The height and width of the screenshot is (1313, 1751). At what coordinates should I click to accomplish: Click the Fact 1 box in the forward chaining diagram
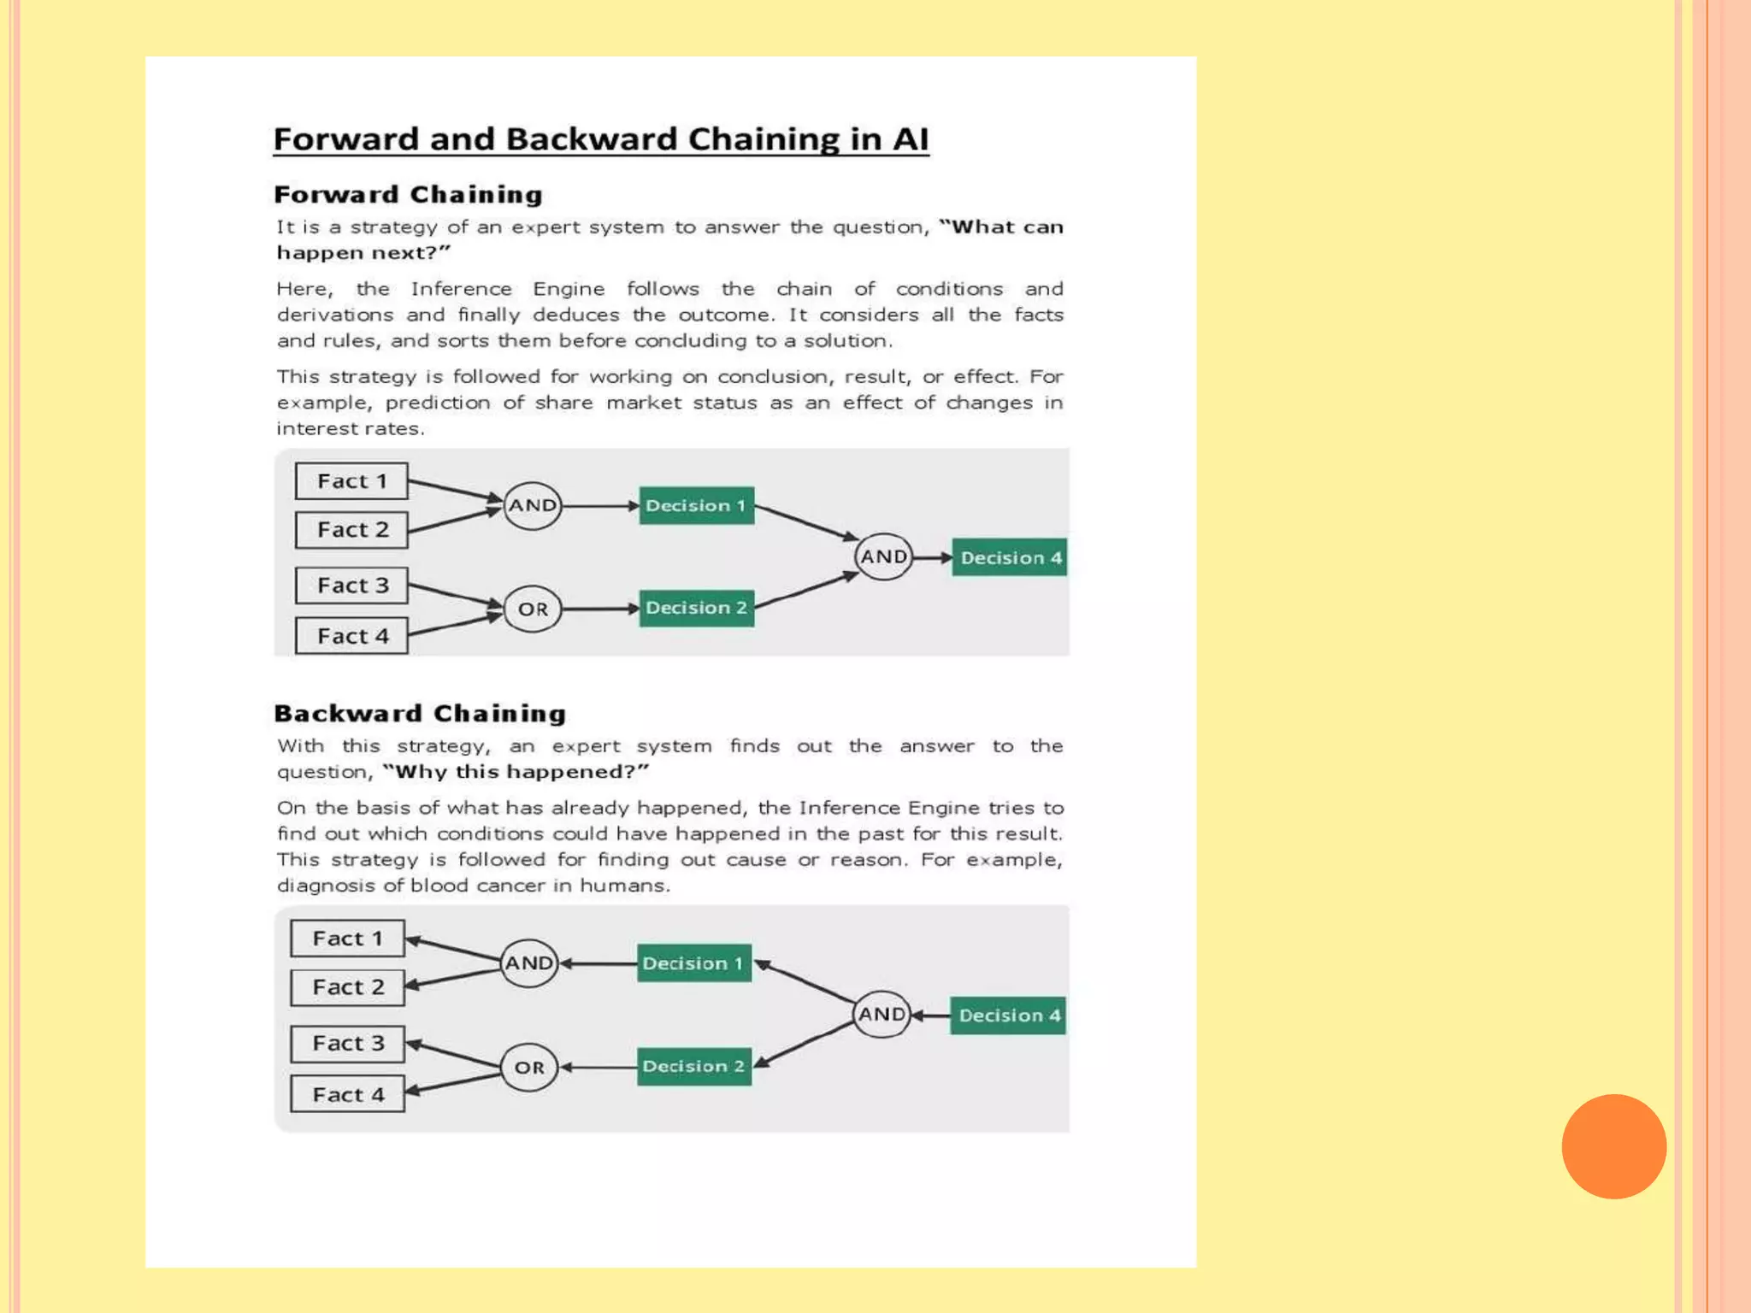coord(351,481)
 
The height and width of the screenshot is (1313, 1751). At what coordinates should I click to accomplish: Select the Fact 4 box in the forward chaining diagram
coord(351,636)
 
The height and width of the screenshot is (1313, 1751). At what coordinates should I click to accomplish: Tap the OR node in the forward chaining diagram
coord(533,609)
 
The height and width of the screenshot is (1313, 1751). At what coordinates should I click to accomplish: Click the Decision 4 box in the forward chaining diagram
coord(1010,557)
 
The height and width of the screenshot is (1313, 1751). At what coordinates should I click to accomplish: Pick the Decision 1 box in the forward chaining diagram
coord(696,506)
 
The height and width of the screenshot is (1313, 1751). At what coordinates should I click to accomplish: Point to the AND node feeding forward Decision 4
coord(883,557)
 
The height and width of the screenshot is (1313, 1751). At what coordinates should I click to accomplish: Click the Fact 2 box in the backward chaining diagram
coord(347,987)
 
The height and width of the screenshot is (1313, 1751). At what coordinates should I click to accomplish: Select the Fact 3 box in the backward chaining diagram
coord(347,1044)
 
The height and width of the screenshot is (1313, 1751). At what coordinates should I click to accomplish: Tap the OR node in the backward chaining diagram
coord(529,1068)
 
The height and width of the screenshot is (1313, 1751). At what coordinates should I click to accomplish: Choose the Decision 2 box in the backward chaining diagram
coord(694,1067)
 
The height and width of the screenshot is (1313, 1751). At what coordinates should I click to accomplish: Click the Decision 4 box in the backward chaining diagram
coord(1008,1016)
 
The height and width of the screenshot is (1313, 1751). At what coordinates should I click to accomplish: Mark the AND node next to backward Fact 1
coord(529,963)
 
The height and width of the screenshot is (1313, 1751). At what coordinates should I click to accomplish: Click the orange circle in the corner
coord(1613,1146)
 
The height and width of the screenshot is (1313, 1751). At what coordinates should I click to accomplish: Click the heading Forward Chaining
coord(409,195)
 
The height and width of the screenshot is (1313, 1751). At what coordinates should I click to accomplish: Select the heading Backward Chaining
coord(420,714)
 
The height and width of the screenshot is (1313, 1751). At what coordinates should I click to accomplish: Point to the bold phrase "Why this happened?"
coord(516,772)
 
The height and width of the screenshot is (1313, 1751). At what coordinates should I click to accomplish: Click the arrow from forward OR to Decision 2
coord(600,609)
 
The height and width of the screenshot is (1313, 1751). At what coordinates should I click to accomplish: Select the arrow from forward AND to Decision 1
coord(600,506)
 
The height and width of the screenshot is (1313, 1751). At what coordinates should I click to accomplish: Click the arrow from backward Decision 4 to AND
coord(931,1016)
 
